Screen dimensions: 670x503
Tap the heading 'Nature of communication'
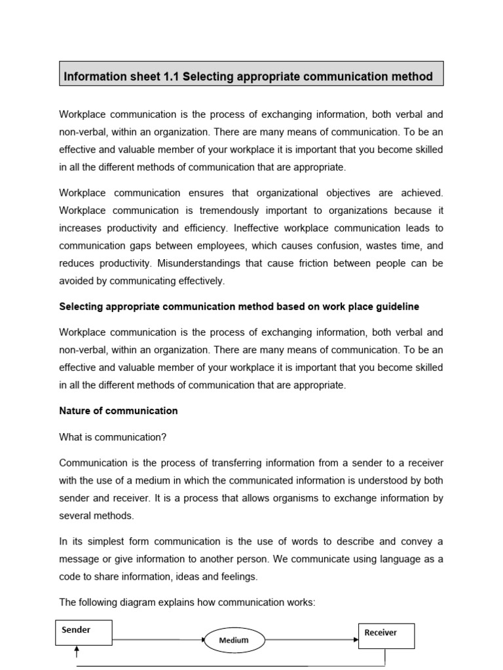point(119,411)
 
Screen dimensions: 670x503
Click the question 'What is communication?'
point(109,437)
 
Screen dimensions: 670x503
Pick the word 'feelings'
point(240,576)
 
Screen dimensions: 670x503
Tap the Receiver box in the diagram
point(386,635)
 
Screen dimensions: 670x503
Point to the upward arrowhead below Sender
point(77,650)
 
